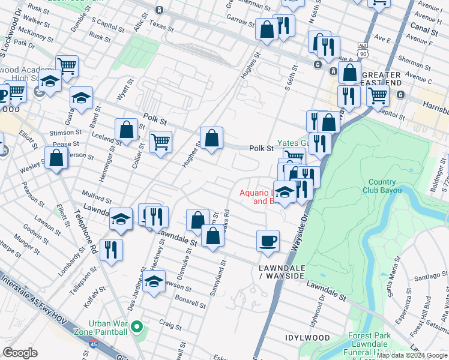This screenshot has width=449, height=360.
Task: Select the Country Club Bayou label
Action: click(x=382, y=187)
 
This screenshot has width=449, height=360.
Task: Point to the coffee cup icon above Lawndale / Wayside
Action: click(x=268, y=241)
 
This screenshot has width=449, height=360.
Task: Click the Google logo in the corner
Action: click(x=20, y=353)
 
